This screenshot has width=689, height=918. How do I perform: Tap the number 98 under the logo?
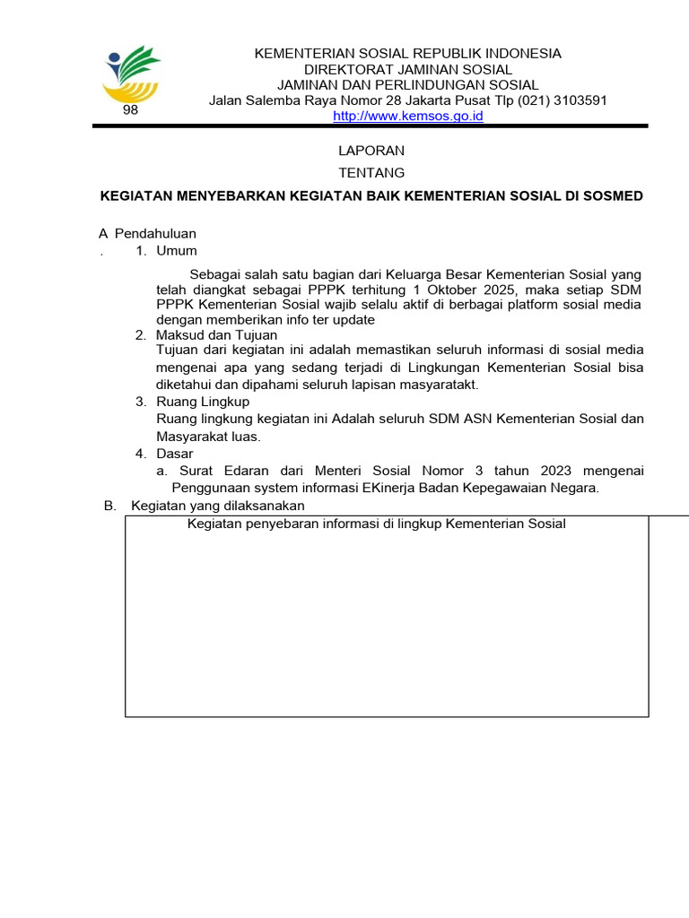[x=130, y=110]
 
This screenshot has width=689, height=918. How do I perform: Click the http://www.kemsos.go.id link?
[x=408, y=117]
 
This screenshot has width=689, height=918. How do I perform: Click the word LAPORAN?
[x=371, y=150]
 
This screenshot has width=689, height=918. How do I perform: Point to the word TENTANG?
[x=371, y=172]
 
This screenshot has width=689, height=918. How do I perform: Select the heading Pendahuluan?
[x=155, y=233]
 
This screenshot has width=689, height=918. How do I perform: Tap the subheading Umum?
[x=177, y=250]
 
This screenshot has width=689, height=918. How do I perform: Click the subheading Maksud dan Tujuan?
[x=217, y=334]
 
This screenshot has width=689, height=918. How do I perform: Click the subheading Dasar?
[x=175, y=454]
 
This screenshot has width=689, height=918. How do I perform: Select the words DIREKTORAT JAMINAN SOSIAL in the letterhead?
[x=408, y=69]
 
